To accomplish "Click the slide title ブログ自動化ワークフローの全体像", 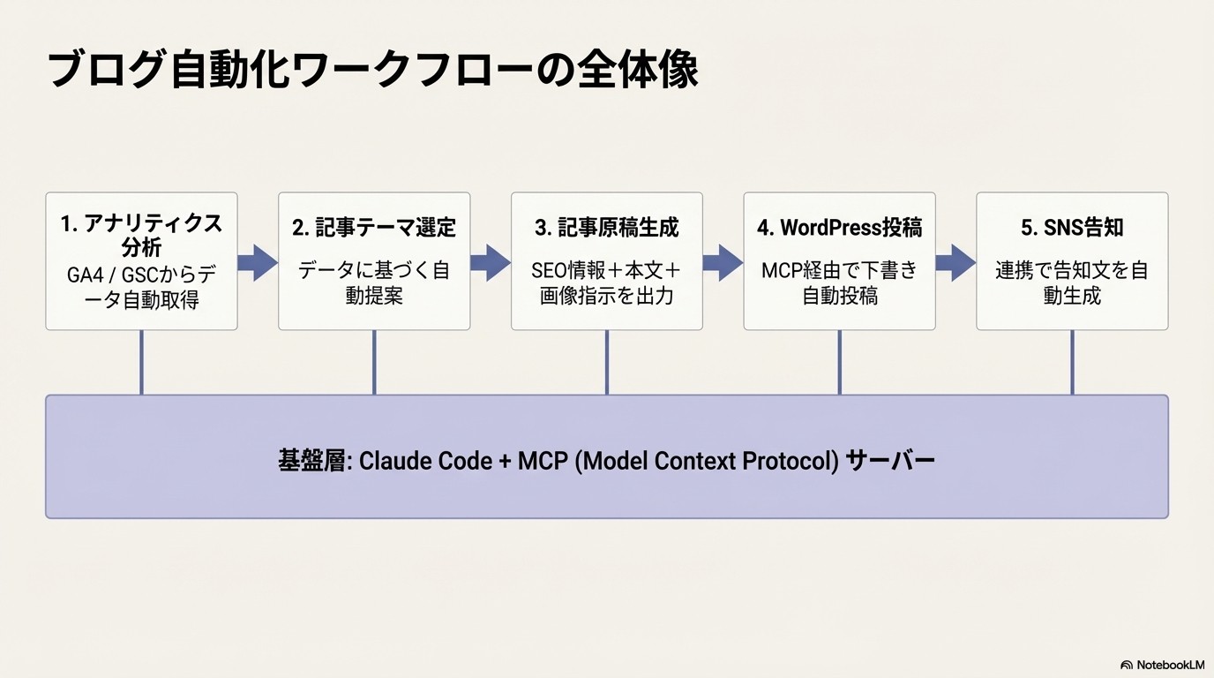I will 372,69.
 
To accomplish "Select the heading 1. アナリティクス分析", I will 141,236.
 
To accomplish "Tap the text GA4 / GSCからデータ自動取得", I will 141,288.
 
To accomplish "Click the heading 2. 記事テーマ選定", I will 374,228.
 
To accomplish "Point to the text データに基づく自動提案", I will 374,282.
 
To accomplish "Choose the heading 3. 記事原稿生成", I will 607,228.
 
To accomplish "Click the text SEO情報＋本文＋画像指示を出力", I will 607,282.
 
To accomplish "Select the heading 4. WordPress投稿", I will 839,228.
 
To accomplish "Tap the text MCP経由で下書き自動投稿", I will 839,282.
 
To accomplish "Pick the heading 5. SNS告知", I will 1072,228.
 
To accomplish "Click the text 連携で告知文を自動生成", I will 1072,282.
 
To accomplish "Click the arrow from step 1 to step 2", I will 258,262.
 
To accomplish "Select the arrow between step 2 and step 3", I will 491,262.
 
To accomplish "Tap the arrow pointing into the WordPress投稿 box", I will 723,262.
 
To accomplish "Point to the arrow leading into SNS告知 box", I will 955,262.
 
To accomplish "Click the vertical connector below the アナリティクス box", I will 141,362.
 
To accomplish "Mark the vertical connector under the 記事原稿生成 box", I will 607,362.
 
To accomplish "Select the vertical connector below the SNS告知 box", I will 1072,362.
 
